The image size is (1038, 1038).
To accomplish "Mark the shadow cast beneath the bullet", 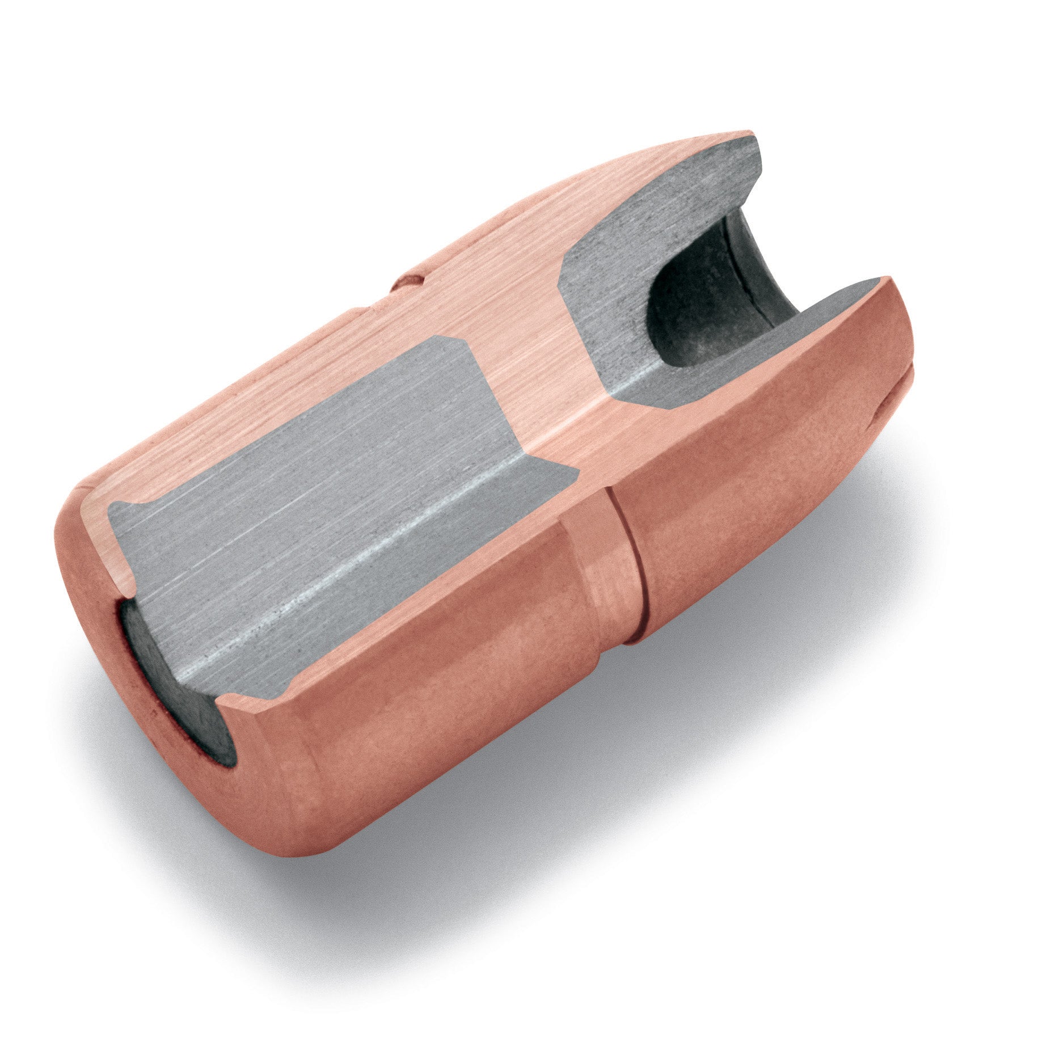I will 567,851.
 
